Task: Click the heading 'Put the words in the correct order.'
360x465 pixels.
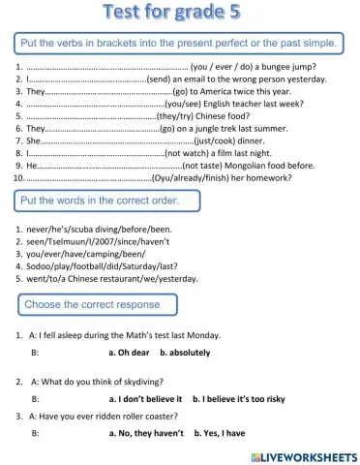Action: coord(106,201)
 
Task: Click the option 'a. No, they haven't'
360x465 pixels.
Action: coord(146,434)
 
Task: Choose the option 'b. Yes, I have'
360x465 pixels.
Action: coord(219,434)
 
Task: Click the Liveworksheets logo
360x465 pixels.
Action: coord(303,455)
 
